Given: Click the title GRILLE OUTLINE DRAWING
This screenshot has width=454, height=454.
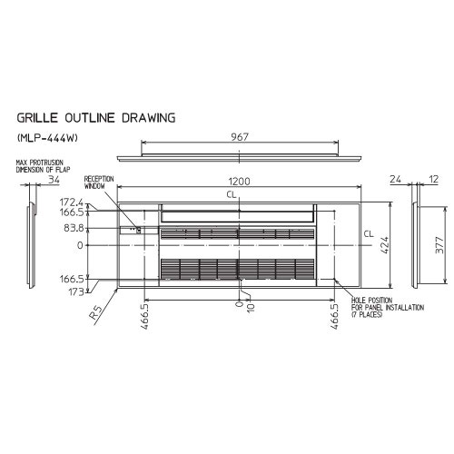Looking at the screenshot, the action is [96, 118].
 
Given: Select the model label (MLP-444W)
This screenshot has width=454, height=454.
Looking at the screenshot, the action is [47, 138].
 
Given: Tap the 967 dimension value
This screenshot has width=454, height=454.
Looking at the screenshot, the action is [240, 137].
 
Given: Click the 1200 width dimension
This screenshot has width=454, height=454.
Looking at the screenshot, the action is [239, 182].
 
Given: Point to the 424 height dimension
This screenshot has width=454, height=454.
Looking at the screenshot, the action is [384, 245].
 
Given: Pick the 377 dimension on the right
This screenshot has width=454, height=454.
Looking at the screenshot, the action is [439, 245].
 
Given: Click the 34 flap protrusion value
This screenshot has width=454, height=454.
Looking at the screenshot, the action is [54, 180].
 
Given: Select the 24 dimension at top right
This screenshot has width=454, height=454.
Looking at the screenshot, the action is [395, 180].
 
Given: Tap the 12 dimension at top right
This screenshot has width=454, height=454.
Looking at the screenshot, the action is [433, 180].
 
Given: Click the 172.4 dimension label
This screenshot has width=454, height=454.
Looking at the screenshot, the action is [72, 202].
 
